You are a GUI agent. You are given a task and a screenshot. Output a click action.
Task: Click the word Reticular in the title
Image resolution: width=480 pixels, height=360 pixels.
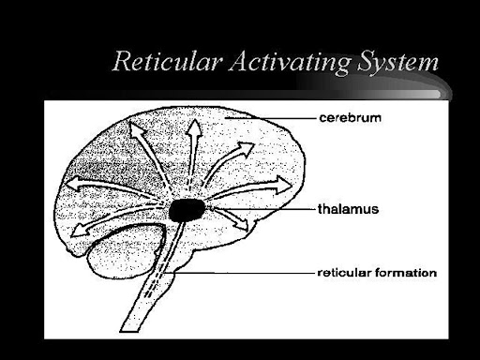167,61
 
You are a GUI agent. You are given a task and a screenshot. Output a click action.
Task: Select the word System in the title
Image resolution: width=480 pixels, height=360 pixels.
397,63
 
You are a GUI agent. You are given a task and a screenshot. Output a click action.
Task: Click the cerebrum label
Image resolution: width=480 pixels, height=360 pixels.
351,118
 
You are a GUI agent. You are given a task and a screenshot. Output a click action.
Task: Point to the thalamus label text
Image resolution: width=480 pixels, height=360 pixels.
348,209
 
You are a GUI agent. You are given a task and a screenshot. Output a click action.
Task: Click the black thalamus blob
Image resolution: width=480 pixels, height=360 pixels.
187,210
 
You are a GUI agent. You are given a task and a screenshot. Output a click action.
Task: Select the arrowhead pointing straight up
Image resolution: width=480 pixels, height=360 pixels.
194,127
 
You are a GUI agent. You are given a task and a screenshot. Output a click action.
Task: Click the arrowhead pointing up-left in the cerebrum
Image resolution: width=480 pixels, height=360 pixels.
136,129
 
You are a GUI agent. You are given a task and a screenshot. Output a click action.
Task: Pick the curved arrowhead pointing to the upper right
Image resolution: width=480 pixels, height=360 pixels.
246,148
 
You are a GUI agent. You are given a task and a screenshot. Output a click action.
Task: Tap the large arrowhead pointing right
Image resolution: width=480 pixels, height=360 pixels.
283,186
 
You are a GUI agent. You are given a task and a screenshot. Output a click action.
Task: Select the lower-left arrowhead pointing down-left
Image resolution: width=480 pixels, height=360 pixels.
79,232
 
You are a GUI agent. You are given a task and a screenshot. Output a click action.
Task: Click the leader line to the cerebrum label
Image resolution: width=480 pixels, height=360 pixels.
270,118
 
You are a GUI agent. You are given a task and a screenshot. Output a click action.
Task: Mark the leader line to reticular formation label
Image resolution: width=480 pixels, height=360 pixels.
240,273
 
